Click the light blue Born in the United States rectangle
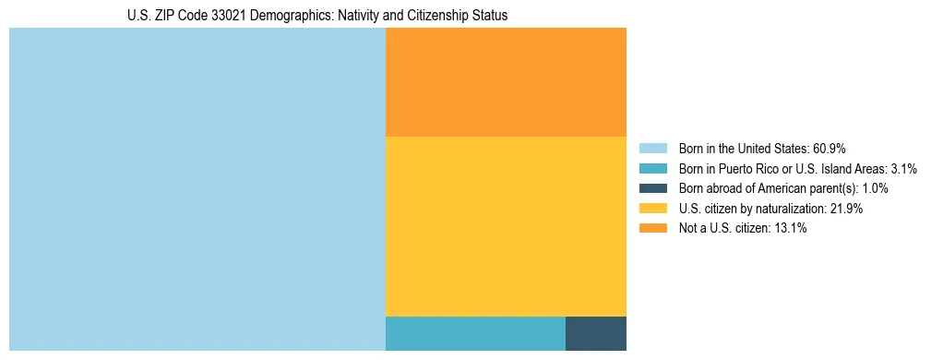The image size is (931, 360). pos(197,189)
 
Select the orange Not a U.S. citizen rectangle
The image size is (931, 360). pos(506,82)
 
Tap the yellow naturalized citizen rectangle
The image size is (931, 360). pos(506,226)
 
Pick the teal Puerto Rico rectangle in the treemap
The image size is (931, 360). pos(475,333)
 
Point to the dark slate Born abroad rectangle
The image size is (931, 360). pos(596,333)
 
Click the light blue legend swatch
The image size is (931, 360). pos(653,149)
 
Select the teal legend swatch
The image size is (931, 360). pos(653,169)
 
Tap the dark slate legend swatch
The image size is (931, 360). pos(653,188)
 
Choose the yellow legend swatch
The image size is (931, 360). pos(653,209)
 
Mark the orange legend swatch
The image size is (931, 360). pos(653,229)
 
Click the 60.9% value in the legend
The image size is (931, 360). pos(828,149)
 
